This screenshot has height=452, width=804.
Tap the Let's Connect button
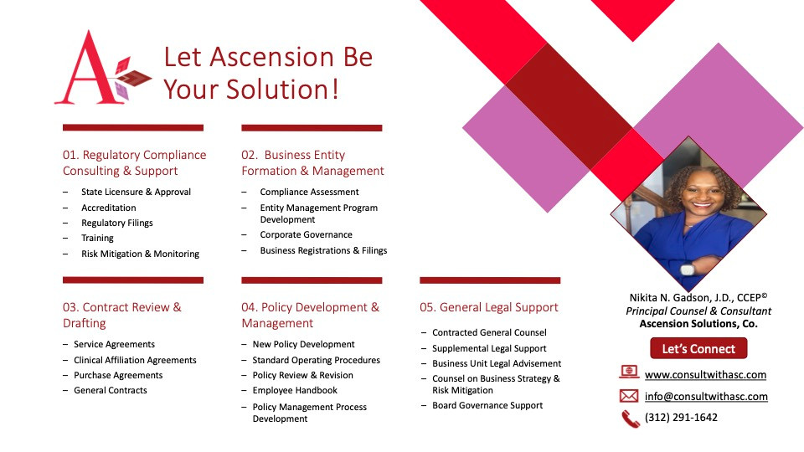(698, 348)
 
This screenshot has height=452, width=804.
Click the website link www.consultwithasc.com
(705, 375)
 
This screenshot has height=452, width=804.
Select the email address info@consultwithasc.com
(706, 396)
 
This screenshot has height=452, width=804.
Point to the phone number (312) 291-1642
(681, 417)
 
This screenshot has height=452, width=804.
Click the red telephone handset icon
(630, 419)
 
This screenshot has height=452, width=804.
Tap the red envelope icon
(629, 396)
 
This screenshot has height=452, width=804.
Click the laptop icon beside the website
(629, 372)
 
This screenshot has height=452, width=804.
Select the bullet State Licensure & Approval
(136, 192)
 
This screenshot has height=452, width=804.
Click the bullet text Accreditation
(109, 208)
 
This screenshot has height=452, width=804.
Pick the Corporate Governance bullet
(307, 234)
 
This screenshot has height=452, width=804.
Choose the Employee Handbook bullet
(295, 390)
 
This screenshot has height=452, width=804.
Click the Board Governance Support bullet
(487, 405)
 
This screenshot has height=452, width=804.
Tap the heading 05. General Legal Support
(488, 307)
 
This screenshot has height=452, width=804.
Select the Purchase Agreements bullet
(118, 375)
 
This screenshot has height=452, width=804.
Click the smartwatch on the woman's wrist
(687, 269)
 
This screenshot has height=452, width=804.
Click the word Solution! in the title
(282, 90)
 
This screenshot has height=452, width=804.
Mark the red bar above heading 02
(312, 127)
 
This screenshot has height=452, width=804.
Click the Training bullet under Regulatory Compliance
(97, 238)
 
